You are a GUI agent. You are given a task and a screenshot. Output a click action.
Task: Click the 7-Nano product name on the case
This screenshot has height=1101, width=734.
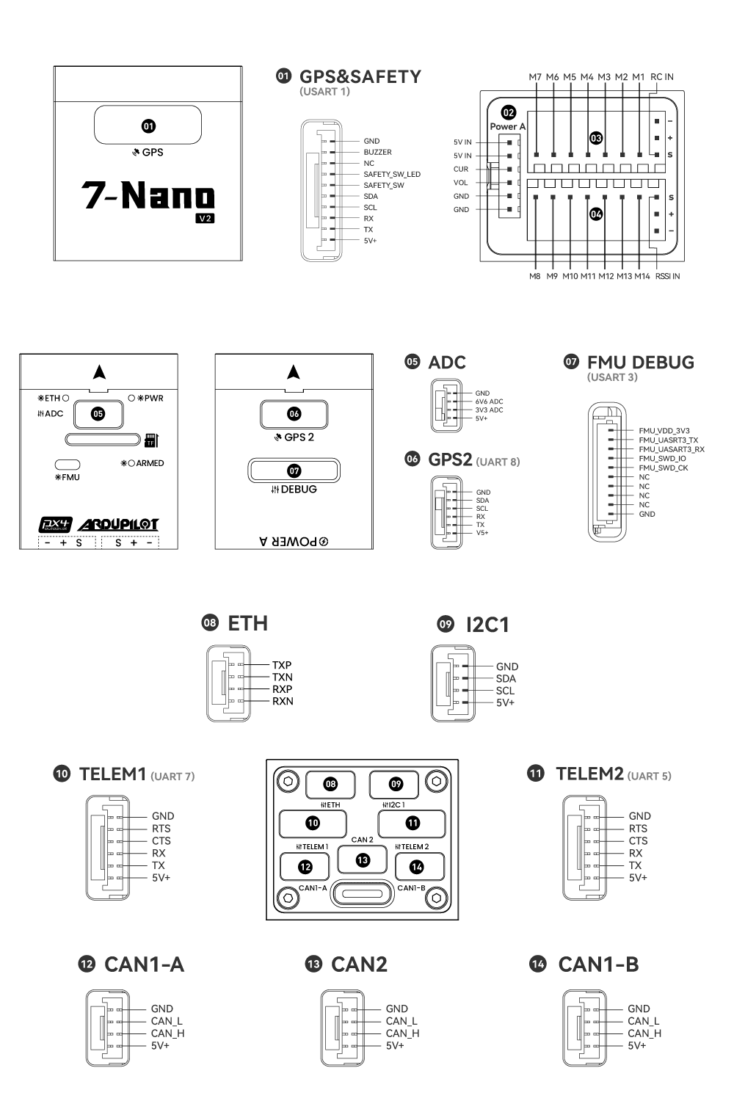coord(148,195)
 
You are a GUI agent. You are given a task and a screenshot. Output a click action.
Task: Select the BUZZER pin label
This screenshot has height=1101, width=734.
coord(377,152)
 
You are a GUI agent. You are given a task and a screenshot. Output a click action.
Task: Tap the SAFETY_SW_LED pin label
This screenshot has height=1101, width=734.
coord(392,174)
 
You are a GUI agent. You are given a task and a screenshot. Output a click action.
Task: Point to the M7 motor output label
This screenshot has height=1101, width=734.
coord(535,77)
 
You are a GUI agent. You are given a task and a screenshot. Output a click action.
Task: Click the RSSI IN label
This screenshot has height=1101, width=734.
coord(666,277)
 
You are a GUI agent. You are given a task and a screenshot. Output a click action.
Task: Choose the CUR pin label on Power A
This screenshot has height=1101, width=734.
coord(460,169)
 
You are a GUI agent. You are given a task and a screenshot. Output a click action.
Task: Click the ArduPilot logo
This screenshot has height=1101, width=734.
coord(118,525)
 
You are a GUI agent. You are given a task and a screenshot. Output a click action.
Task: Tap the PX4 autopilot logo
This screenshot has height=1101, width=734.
coord(55,525)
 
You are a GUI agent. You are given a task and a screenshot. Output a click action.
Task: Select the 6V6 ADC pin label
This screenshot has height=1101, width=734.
coord(489,401)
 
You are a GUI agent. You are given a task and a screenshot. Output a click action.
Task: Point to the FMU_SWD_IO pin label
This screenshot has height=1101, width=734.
coord(662,458)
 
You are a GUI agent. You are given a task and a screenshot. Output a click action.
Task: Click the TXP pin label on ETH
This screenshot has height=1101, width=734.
coord(282,665)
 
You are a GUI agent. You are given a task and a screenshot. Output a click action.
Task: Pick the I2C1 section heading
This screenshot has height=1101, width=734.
coord(487,625)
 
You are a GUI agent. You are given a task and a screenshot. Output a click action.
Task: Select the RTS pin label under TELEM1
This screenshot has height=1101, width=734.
coord(161,828)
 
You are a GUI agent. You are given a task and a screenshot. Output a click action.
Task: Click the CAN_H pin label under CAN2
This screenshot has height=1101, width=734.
coord(402,1033)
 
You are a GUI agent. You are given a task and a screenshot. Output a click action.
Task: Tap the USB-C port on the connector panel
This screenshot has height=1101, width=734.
coord(363,894)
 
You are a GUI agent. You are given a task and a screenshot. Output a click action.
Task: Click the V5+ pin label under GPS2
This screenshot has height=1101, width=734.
coord(482,533)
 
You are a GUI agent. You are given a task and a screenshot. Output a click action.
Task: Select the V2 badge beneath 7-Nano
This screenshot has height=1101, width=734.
coord(205,218)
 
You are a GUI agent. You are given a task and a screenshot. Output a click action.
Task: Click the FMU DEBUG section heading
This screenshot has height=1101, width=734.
coord(640,363)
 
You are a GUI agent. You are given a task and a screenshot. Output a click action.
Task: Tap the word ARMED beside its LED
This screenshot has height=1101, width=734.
coord(150,463)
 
